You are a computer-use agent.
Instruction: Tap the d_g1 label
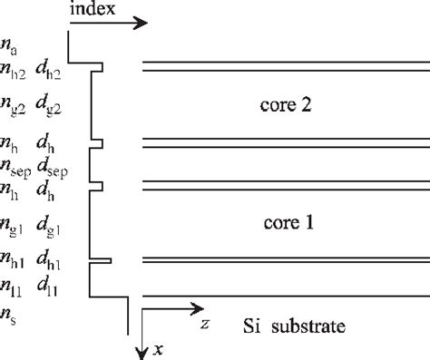click(x=50, y=223)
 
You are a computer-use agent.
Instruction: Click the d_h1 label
click(x=50, y=264)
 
